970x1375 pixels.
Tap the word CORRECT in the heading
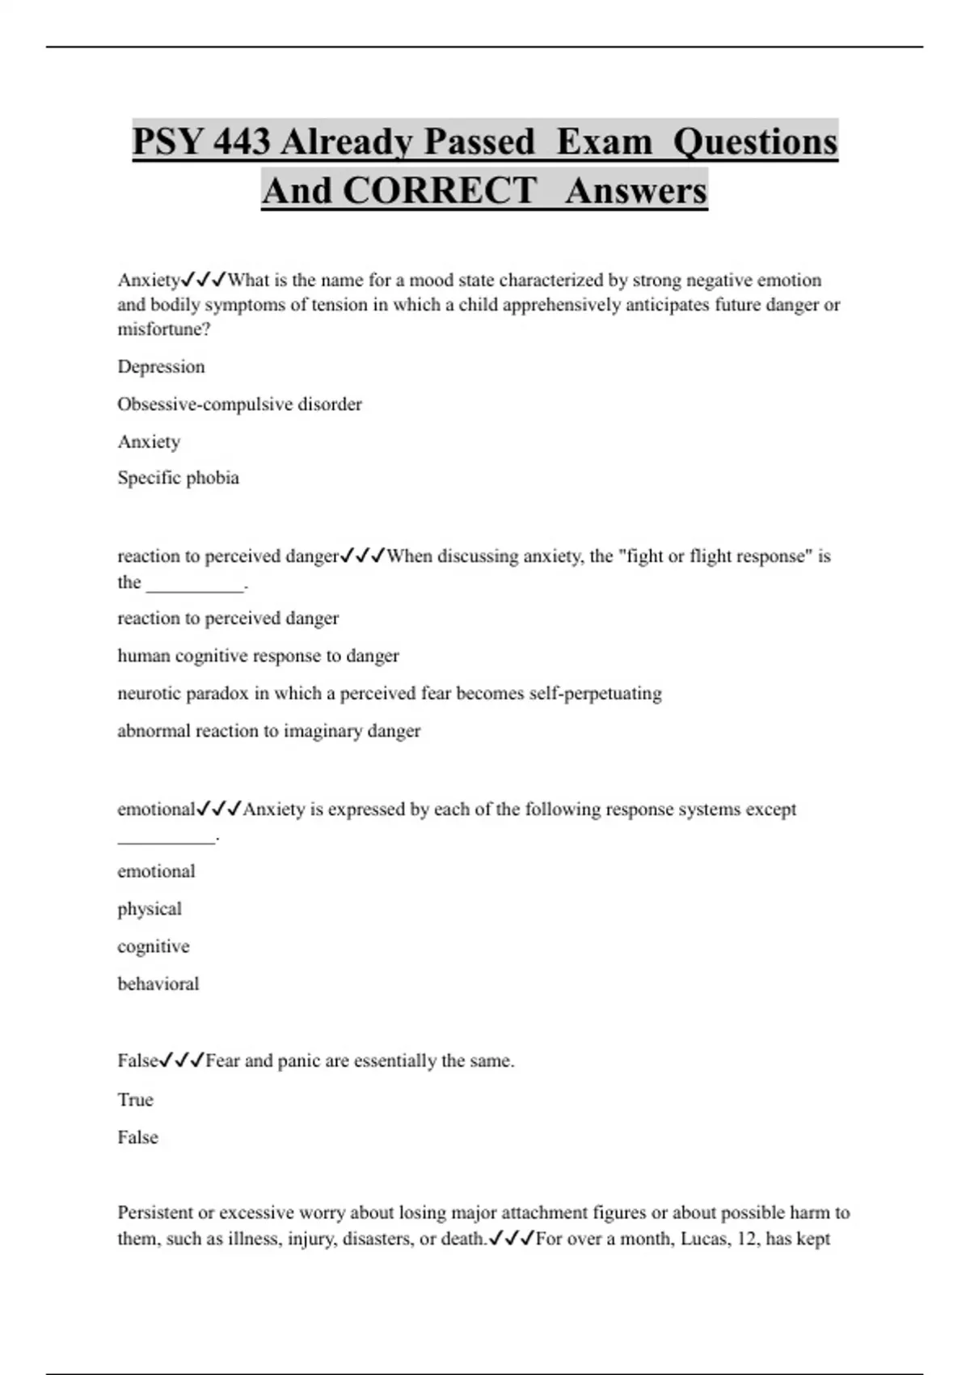(440, 191)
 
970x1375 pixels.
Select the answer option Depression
(161, 366)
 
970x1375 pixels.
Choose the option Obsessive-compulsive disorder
(239, 404)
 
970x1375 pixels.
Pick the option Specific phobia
(178, 477)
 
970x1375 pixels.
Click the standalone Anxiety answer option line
(149, 442)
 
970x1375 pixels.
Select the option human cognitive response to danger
(258, 655)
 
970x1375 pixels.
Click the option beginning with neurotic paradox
(389, 693)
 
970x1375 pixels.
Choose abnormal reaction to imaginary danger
(268, 730)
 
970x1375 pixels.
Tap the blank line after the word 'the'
(195, 585)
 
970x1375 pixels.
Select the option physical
(150, 908)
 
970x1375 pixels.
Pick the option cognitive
(153, 946)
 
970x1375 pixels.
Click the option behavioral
(158, 984)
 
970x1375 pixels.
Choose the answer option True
(135, 1099)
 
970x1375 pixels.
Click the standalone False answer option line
(137, 1137)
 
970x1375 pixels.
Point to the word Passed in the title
(479, 142)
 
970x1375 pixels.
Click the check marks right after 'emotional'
(219, 809)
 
